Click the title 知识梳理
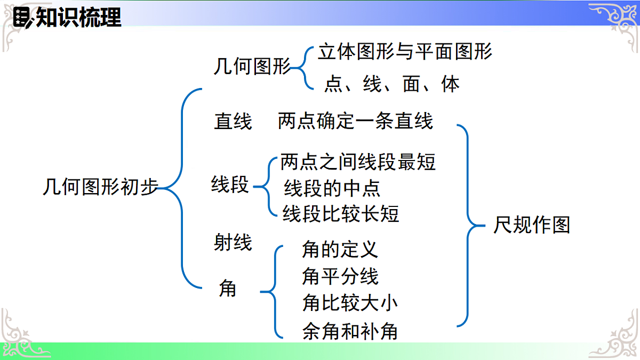click(x=78, y=18)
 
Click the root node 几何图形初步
click(x=100, y=188)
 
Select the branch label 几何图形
click(x=252, y=68)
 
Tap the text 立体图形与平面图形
click(x=405, y=52)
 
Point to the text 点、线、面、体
click(x=392, y=84)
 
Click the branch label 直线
click(x=233, y=122)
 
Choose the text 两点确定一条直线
click(x=355, y=121)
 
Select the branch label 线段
click(x=230, y=185)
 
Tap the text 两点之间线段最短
click(x=358, y=162)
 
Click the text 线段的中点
click(x=332, y=188)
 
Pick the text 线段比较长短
click(x=341, y=214)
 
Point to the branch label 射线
click(x=233, y=243)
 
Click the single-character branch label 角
click(x=228, y=289)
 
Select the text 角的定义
click(x=340, y=249)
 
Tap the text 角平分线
click(x=340, y=276)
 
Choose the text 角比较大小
click(x=350, y=303)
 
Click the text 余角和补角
click(x=350, y=332)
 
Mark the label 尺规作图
click(x=531, y=225)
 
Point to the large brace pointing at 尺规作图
click(x=468, y=225)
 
